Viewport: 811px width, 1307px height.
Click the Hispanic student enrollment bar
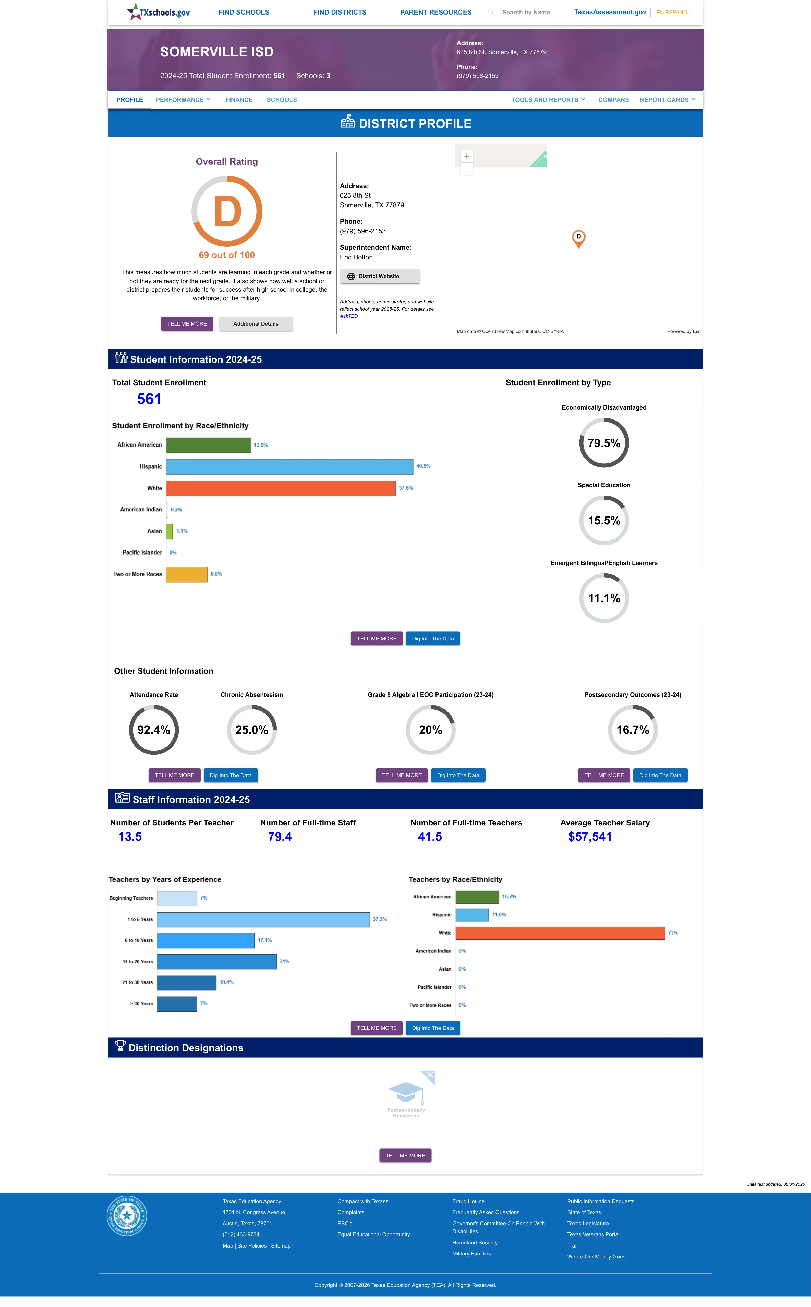pyautogui.click(x=290, y=466)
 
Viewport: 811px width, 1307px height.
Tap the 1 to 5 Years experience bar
pyautogui.click(x=263, y=919)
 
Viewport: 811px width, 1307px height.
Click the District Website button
pyautogui.click(x=380, y=276)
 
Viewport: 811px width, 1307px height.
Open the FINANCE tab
pyautogui.click(x=239, y=100)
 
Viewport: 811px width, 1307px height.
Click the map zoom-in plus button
pyautogui.click(x=467, y=156)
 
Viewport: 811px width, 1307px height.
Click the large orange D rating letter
pyautogui.click(x=227, y=212)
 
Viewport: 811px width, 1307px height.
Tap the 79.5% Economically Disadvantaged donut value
pyautogui.click(x=604, y=443)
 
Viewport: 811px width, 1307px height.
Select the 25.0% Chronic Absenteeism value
pyautogui.click(x=251, y=730)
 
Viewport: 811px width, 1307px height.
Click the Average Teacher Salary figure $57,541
pyautogui.click(x=590, y=837)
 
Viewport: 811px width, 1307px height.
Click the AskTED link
pyautogui.click(x=349, y=316)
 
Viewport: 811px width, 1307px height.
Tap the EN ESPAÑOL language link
pyautogui.click(x=673, y=12)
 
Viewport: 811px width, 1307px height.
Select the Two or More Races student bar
pyautogui.click(x=187, y=574)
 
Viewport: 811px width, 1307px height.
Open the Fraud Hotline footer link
pyautogui.click(x=468, y=1201)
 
